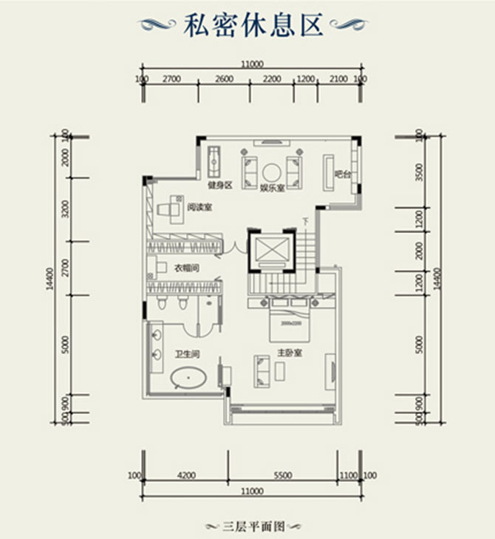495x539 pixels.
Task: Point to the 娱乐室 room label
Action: click(x=272, y=187)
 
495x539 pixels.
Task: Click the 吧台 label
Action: click(x=341, y=174)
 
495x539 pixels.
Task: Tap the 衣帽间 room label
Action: click(x=186, y=268)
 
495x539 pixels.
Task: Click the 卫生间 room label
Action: click(x=185, y=354)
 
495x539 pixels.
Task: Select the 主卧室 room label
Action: click(x=287, y=353)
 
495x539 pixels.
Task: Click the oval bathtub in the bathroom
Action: click(x=189, y=381)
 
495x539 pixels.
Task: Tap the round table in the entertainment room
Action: click(x=272, y=171)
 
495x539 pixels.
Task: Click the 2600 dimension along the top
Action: click(x=225, y=78)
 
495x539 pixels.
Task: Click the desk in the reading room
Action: click(x=174, y=207)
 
